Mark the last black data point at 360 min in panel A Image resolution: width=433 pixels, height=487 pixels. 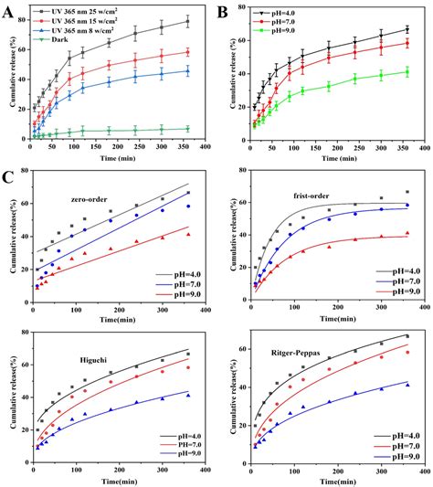(188, 21)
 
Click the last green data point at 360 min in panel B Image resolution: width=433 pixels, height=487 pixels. (407, 71)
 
